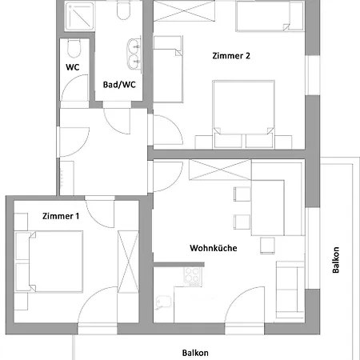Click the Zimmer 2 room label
click(231, 56)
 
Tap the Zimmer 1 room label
click(61, 216)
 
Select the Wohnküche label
click(214, 248)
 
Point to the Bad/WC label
click(119, 85)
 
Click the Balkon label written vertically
click(336, 260)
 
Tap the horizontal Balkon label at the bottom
click(195, 353)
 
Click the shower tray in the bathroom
click(79, 16)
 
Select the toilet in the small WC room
click(74, 48)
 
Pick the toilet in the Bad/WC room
click(123, 10)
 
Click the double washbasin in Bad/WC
click(134, 54)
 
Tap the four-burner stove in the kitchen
click(193, 277)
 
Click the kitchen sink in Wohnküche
click(164, 302)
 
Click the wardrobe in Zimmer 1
click(128, 262)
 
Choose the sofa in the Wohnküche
click(290, 290)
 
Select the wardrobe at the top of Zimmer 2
click(184, 11)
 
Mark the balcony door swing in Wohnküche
click(245, 305)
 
